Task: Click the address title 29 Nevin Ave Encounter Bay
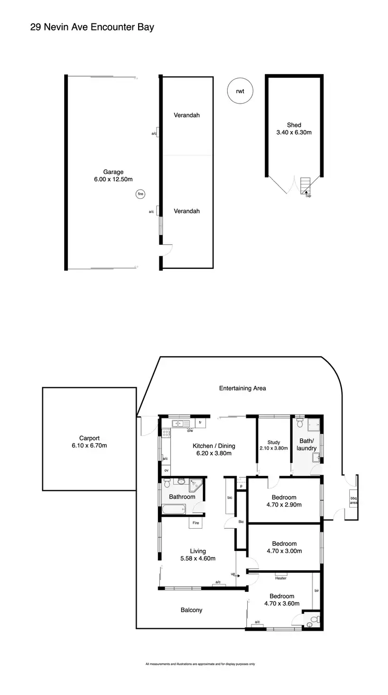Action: (x=92, y=27)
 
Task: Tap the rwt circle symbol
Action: (x=240, y=91)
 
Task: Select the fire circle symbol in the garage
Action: (x=140, y=194)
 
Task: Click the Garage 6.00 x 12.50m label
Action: (x=112, y=176)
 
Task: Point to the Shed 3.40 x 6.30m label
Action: (x=294, y=128)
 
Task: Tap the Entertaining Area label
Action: (x=242, y=388)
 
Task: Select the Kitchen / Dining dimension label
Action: (x=214, y=449)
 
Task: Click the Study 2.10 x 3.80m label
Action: (x=274, y=445)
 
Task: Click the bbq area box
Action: (x=353, y=500)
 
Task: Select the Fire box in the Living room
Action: (x=196, y=523)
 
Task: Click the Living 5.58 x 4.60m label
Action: (x=198, y=555)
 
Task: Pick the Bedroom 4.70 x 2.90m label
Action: (x=283, y=501)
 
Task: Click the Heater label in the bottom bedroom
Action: (x=280, y=578)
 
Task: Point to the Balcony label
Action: (x=191, y=610)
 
